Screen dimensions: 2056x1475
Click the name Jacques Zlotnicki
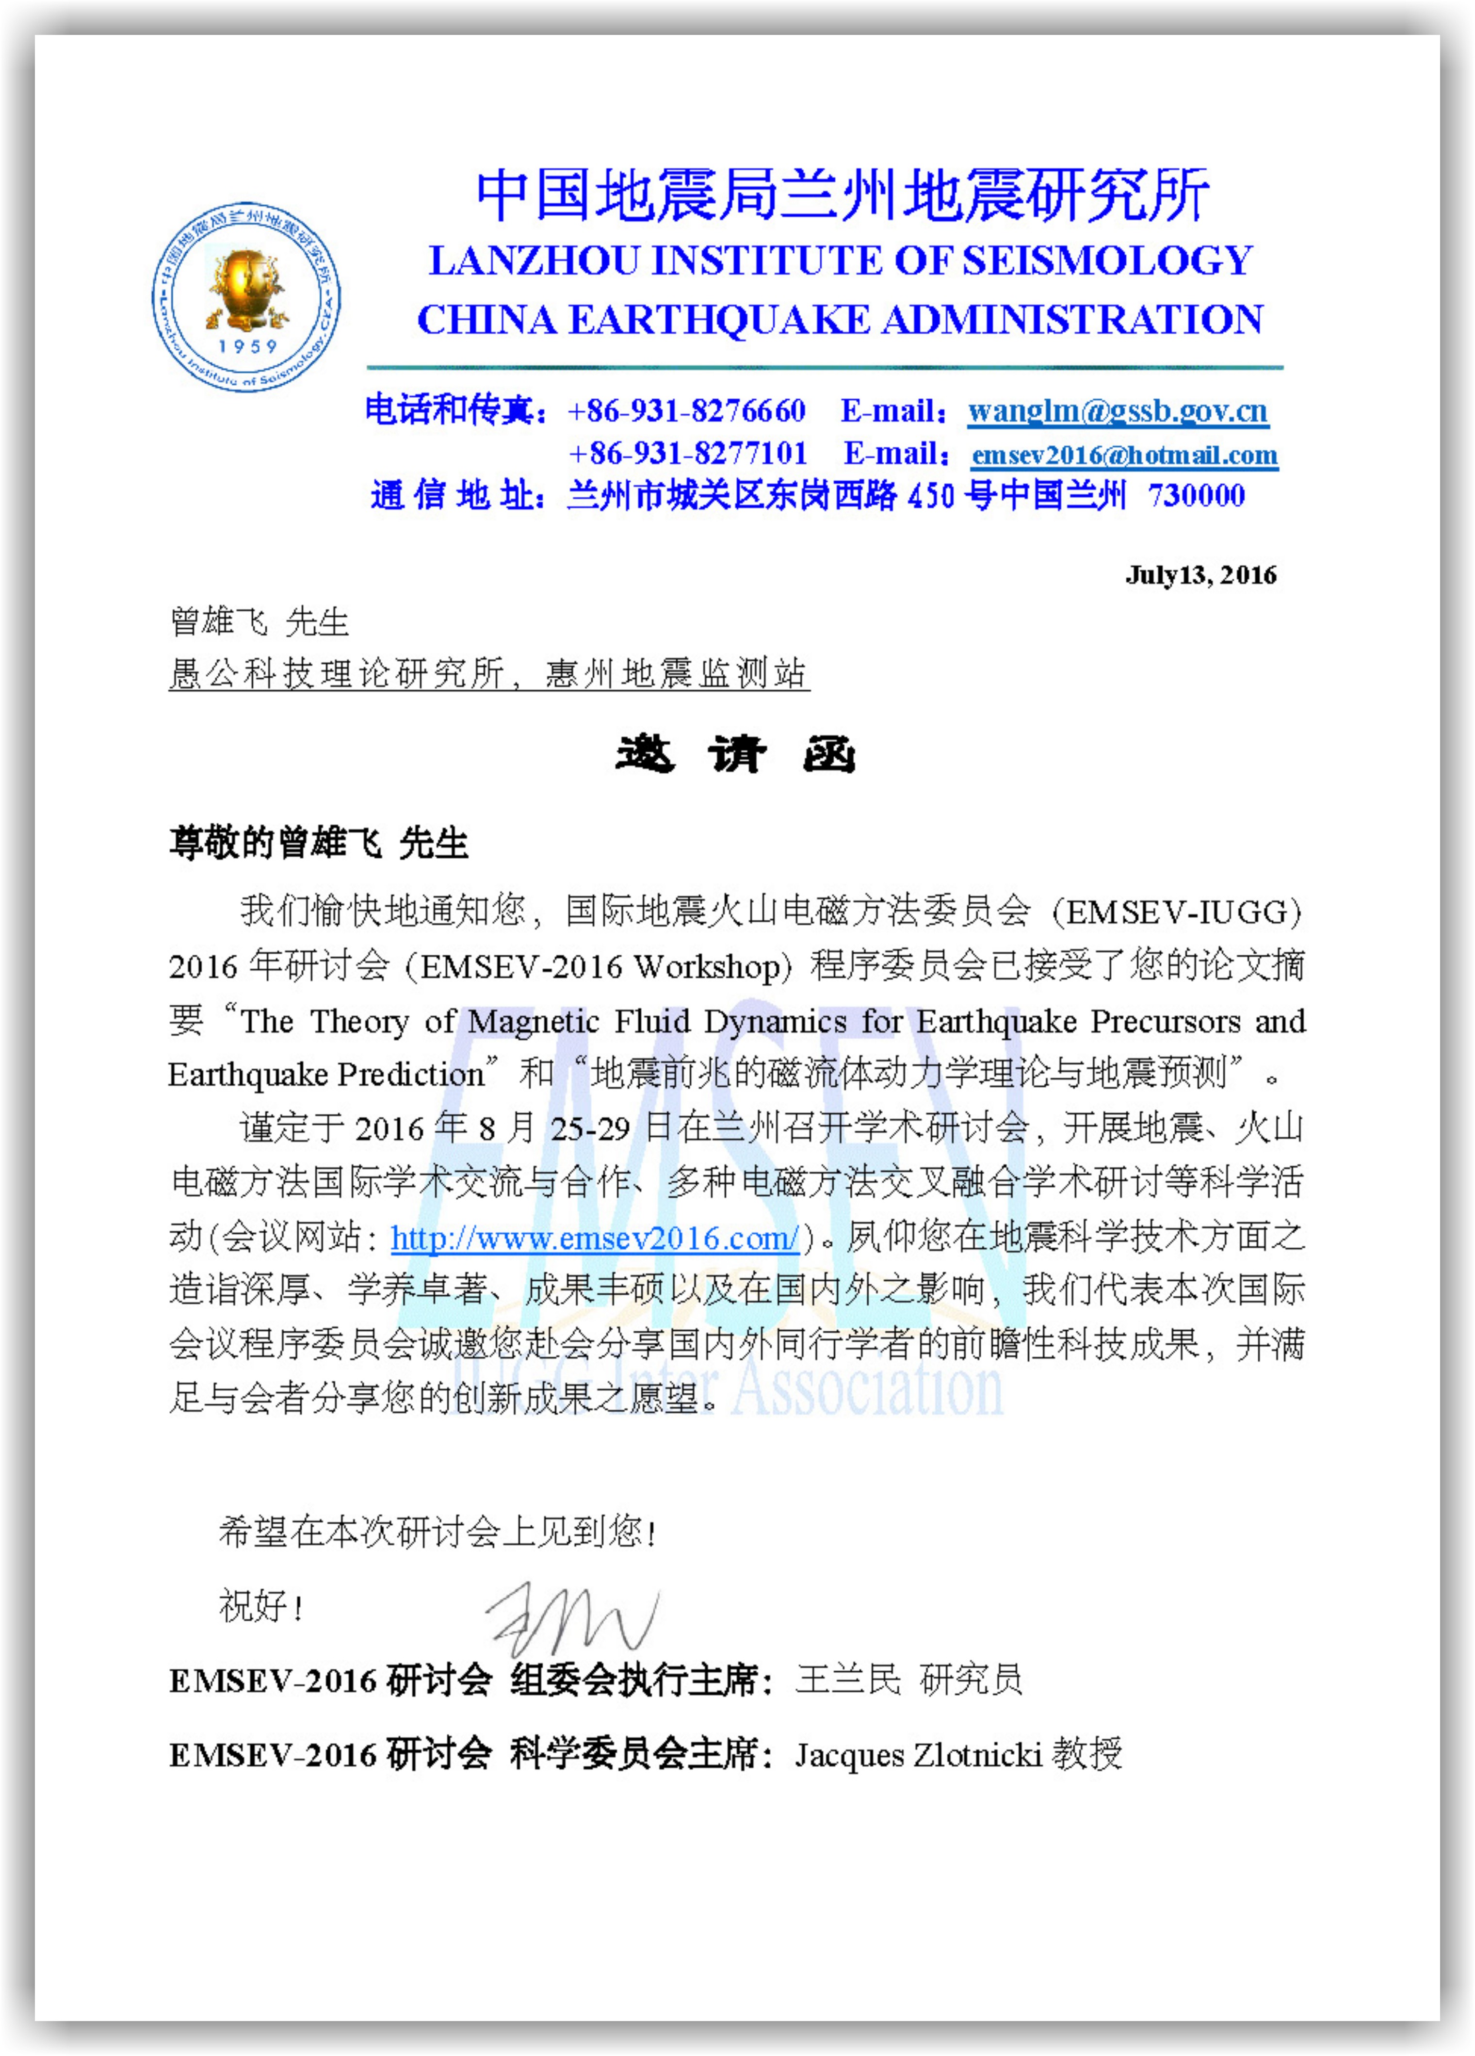918,1755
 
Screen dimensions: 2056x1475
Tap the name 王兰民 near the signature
848,1680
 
